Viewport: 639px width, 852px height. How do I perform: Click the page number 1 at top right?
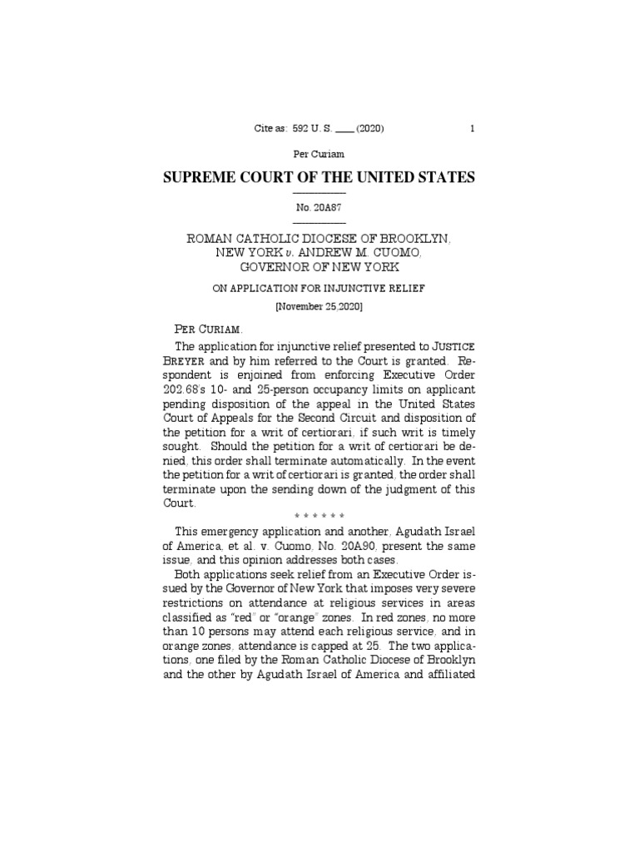click(473, 128)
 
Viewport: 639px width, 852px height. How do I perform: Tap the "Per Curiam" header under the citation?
click(319, 154)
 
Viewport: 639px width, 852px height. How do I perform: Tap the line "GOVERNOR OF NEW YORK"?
click(319, 267)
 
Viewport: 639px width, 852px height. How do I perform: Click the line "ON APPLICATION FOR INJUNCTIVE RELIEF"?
click(319, 288)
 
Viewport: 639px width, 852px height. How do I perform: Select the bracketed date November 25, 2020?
click(319, 306)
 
